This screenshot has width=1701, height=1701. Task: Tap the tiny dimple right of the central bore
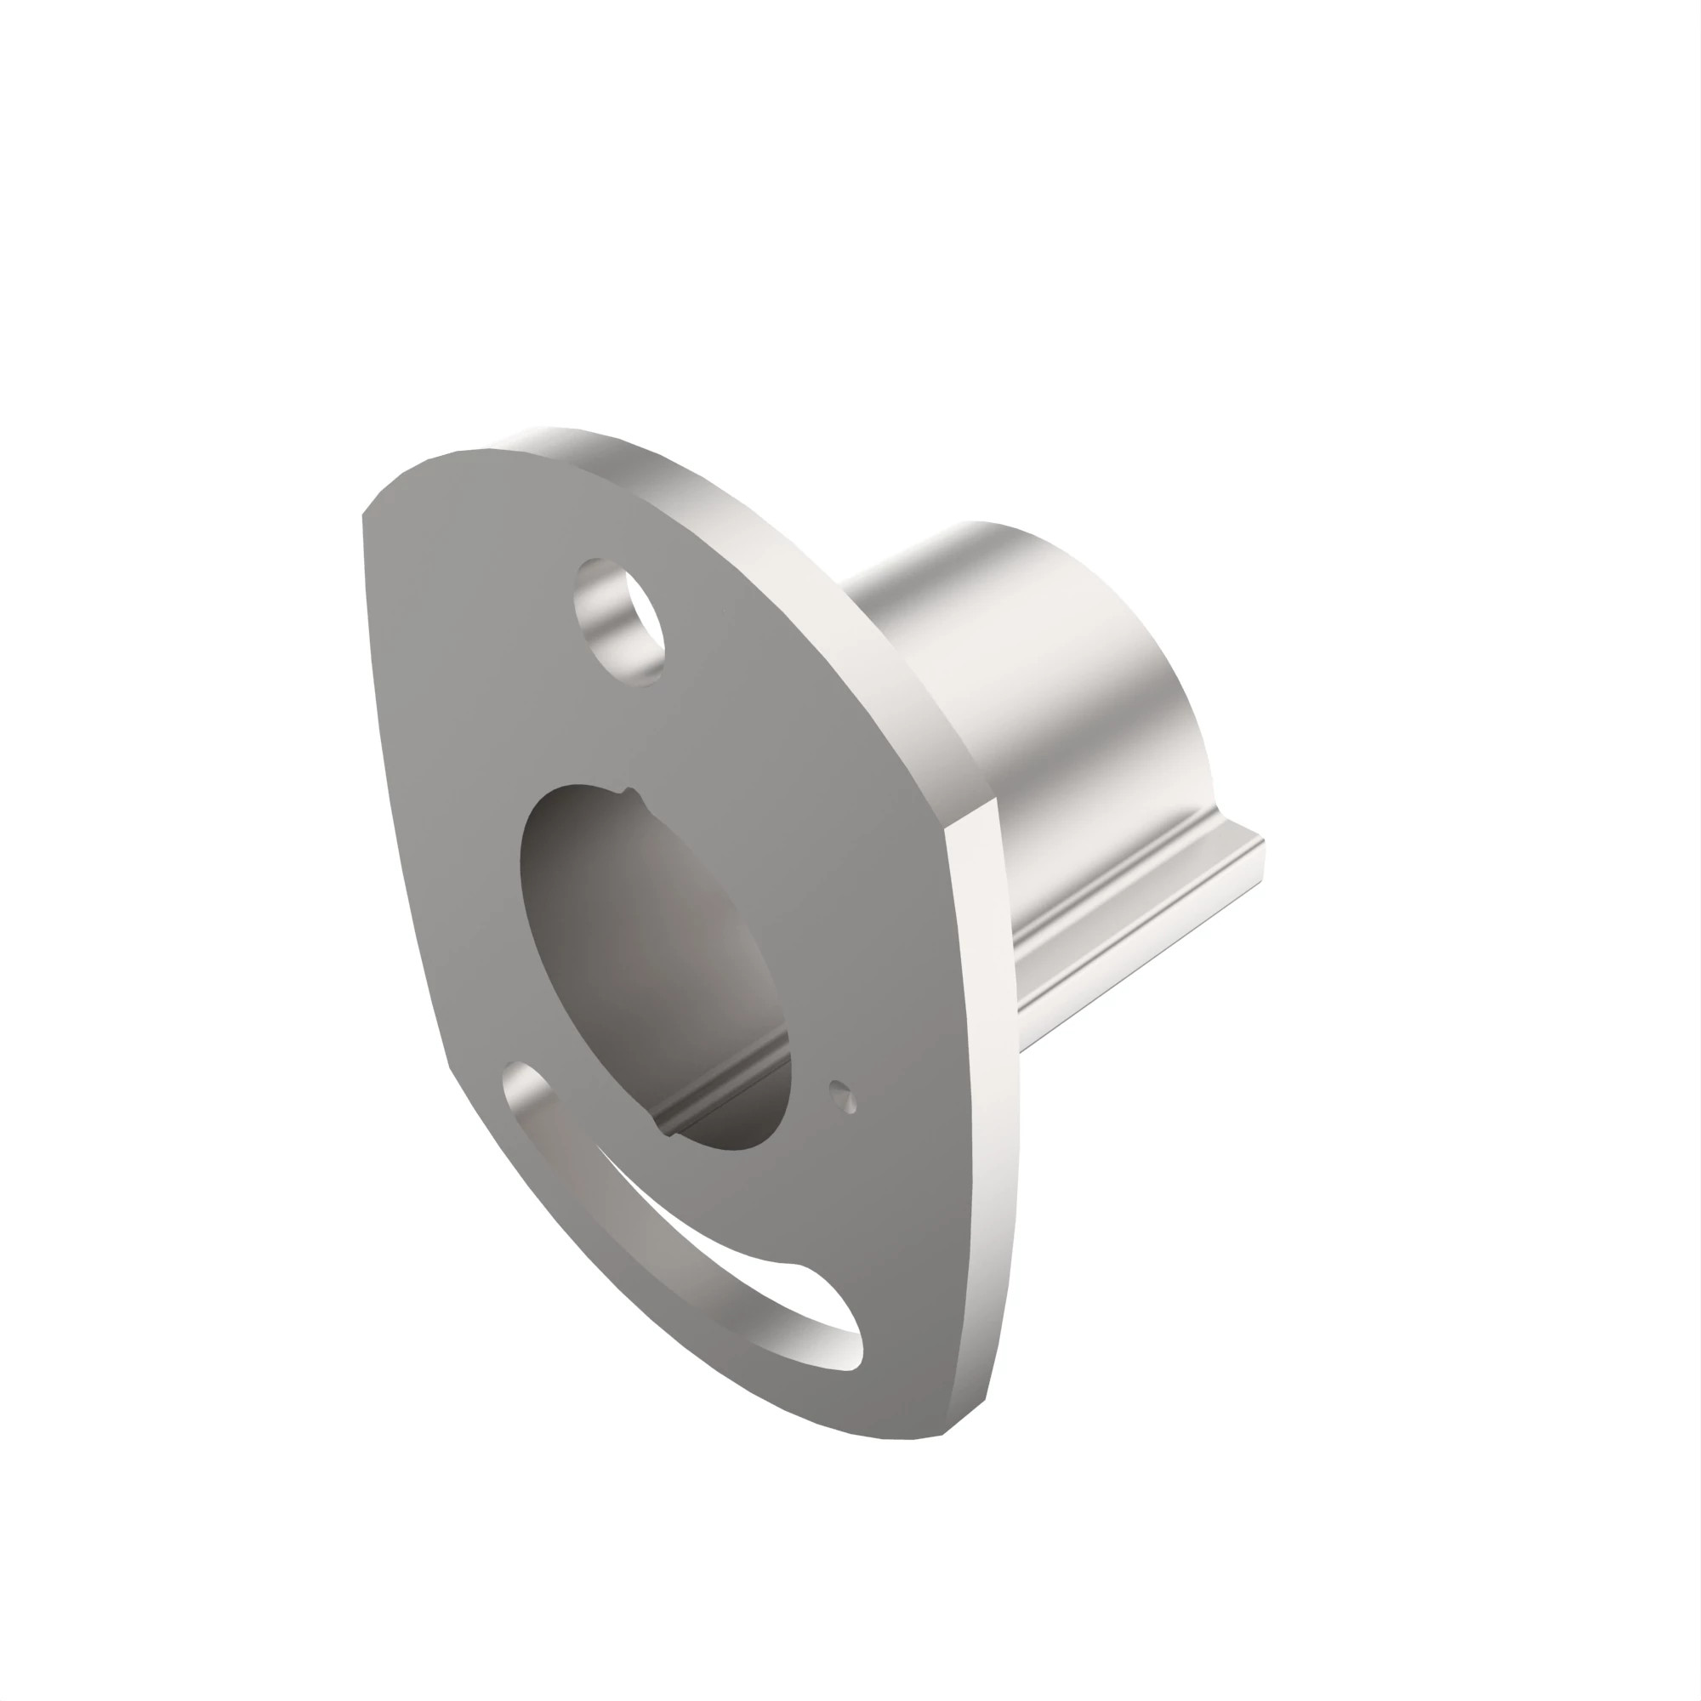pyautogui.click(x=844, y=1097)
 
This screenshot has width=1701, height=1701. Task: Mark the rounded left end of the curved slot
pyautogui.click(x=526, y=1086)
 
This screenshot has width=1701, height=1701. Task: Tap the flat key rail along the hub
pyautogui.click(x=1145, y=916)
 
